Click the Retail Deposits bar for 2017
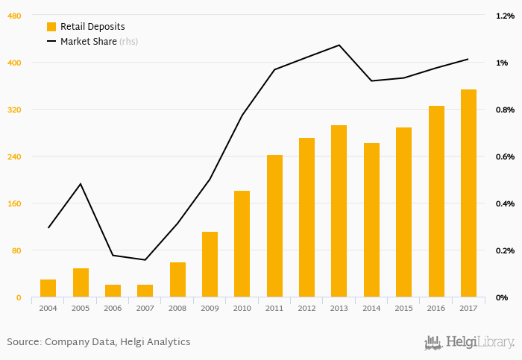click(x=468, y=194)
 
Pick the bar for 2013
click(x=339, y=212)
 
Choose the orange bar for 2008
click(x=177, y=280)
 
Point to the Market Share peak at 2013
click(x=339, y=45)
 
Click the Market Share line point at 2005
click(x=81, y=183)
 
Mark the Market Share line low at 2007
click(x=145, y=260)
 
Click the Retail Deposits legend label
click(x=92, y=26)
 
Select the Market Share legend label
click(x=88, y=42)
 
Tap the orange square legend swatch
click(x=51, y=26)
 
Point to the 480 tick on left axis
click(x=14, y=15)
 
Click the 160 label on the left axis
click(x=14, y=203)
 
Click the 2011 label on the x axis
click(x=274, y=308)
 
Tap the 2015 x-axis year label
click(x=404, y=308)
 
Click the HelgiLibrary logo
click(x=469, y=342)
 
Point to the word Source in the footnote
click(x=24, y=342)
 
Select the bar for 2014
click(x=371, y=221)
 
